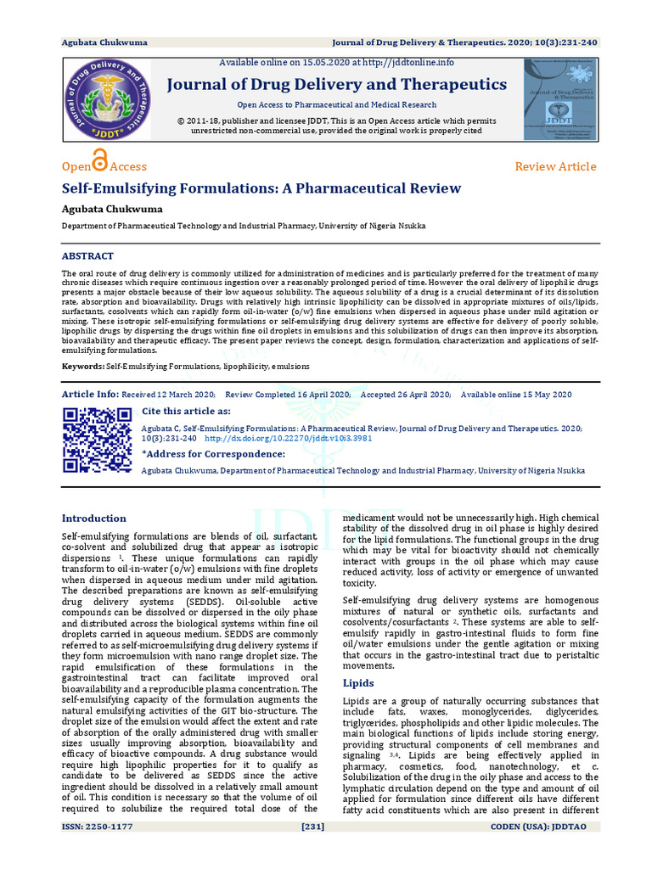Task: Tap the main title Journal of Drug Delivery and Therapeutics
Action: tap(336, 84)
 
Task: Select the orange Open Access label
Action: tap(104, 165)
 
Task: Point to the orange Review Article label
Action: tap(555, 166)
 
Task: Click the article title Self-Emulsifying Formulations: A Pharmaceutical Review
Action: tap(261, 188)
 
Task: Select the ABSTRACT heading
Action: tap(87, 255)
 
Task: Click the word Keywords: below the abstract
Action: tap(83, 366)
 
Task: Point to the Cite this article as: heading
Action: tap(194, 412)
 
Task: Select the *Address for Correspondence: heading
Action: tap(214, 454)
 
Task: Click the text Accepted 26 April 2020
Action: tap(405, 395)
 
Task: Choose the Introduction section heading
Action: tap(94, 519)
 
